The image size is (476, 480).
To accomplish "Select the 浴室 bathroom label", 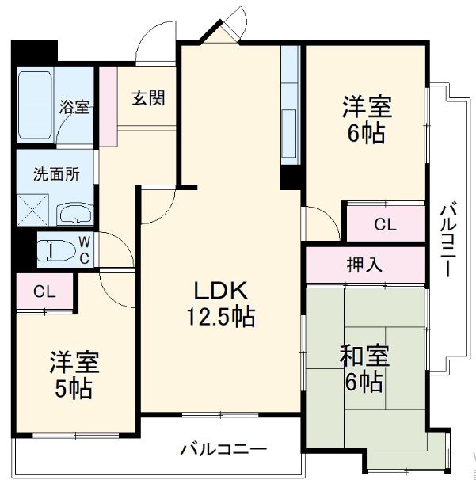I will (75, 108).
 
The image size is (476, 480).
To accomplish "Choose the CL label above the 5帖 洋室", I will (44, 291).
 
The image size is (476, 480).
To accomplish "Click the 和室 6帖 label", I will (364, 368).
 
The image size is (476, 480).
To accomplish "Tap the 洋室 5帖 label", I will (74, 375).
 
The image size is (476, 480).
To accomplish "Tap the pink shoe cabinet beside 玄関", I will (108, 106).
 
